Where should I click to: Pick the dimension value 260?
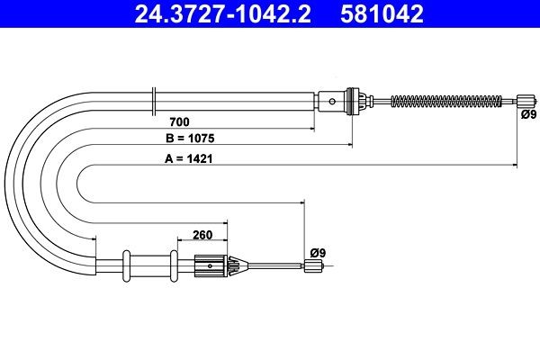(202, 236)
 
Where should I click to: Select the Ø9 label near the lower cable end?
(316, 252)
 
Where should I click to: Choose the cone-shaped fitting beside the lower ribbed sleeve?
(237, 265)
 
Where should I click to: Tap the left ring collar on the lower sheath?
(126, 265)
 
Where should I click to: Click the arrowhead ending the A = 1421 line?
(513, 166)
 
